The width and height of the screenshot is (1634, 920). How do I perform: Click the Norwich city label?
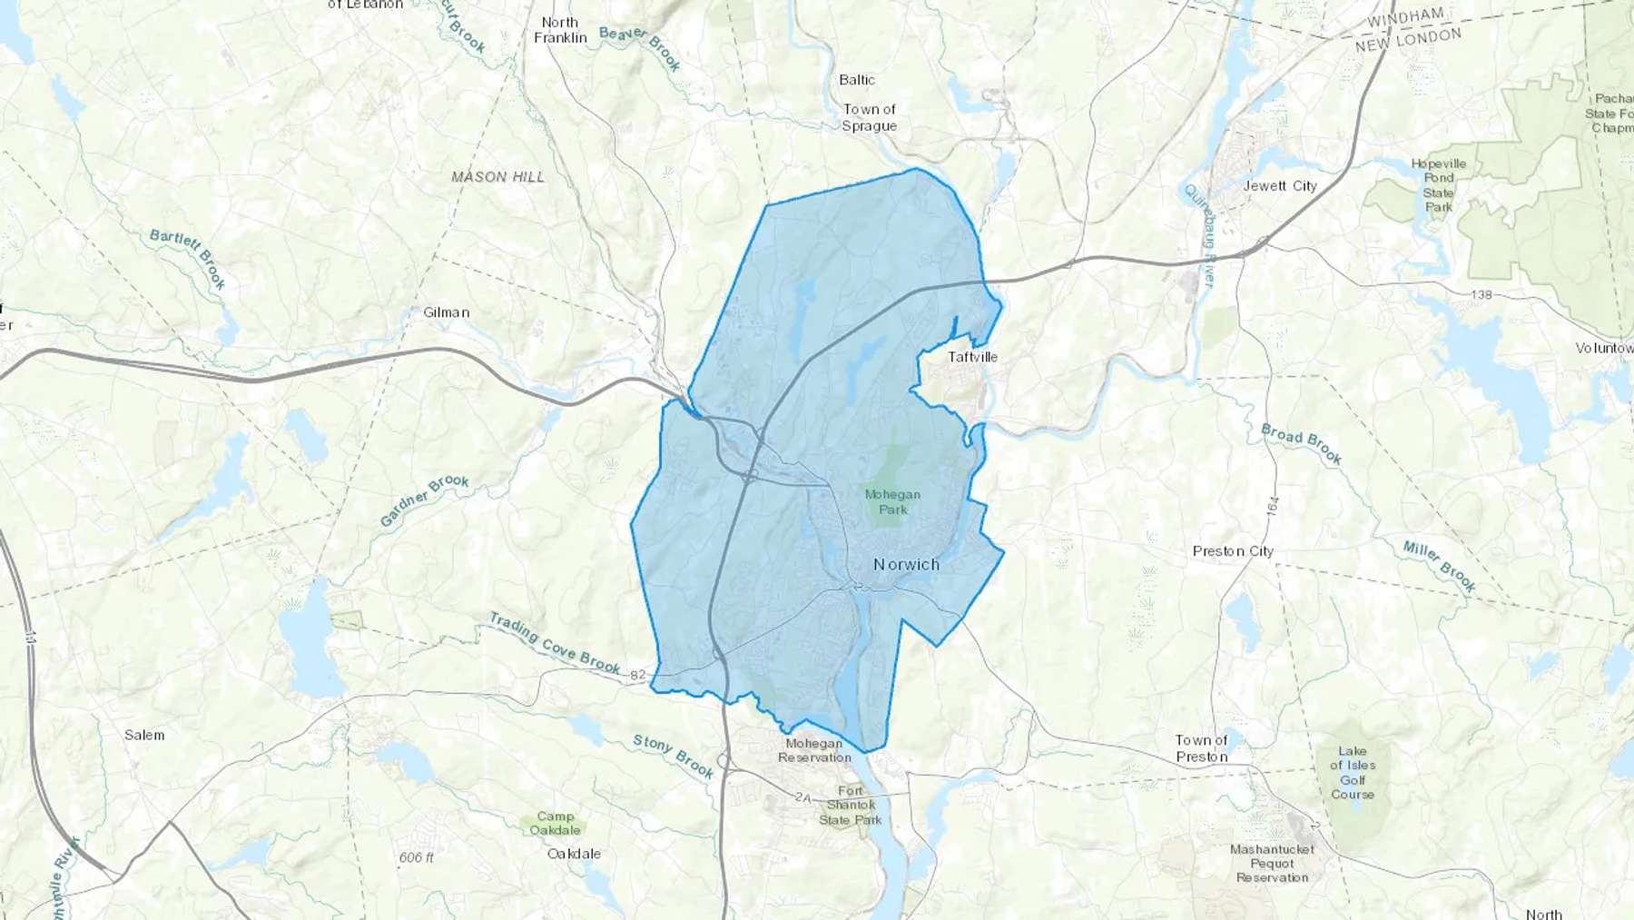tap(906, 564)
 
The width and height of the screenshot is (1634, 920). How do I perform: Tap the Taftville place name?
tap(972, 357)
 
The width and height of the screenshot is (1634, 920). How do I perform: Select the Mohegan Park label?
tap(892, 501)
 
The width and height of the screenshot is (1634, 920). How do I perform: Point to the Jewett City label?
tap(1280, 185)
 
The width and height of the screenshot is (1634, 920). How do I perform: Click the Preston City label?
tap(1233, 551)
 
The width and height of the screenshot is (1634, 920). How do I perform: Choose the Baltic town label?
tap(857, 80)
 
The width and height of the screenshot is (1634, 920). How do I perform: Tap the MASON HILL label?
tap(497, 176)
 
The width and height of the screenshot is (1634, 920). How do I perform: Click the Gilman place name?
tap(446, 312)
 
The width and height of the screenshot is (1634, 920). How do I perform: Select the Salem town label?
tap(144, 735)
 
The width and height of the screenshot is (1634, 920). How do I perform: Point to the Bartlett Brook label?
tap(188, 259)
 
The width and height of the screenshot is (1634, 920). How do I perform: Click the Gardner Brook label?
tap(424, 500)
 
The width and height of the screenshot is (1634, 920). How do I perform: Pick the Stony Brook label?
tap(673, 757)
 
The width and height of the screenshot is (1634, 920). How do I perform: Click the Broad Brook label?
tap(1301, 444)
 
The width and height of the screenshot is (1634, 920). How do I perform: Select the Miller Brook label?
tap(1439, 567)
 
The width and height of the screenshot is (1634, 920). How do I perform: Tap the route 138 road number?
tap(1481, 294)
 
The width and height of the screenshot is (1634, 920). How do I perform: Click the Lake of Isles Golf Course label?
tap(1353, 773)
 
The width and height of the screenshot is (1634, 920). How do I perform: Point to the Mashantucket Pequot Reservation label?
tap(1272, 864)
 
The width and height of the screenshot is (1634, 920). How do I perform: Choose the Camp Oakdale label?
tap(555, 824)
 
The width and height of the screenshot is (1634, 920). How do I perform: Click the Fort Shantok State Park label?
tap(851, 806)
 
